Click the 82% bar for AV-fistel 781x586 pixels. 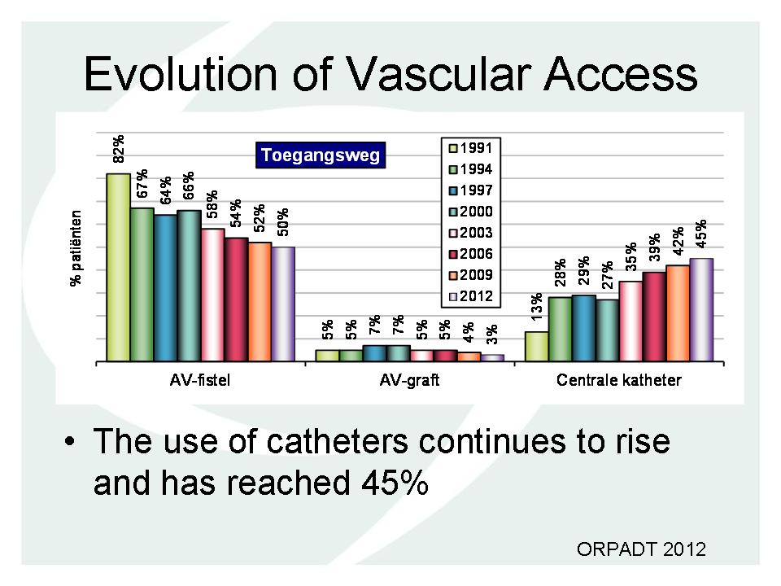[119, 268]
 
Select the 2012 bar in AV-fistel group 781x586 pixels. [283, 304]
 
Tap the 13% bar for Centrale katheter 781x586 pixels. [537, 347]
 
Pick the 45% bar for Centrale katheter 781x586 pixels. [701, 310]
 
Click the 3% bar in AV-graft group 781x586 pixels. [492, 358]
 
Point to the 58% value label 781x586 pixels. [212, 203]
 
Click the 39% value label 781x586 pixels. [654, 247]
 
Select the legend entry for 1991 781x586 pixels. [471, 148]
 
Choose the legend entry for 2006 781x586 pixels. [471, 254]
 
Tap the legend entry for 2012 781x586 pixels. [471, 296]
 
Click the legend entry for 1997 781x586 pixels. [471, 190]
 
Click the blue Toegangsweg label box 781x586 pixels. [321, 155]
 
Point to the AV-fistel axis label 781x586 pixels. [200, 381]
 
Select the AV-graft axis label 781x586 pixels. [409, 381]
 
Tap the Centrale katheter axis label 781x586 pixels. [618, 381]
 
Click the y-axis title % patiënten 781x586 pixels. [76, 247]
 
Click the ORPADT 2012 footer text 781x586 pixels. [642, 549]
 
